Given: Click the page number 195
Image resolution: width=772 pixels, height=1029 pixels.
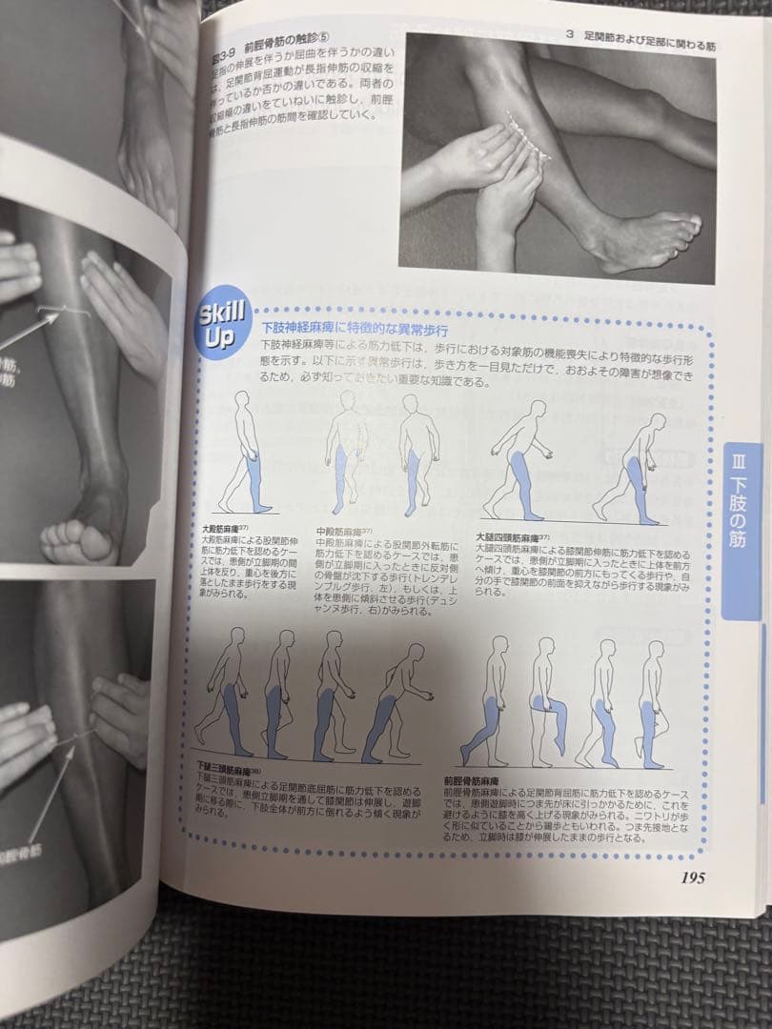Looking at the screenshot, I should click(686, 878).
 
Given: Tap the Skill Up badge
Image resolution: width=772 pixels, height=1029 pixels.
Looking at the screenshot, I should click(222, 324).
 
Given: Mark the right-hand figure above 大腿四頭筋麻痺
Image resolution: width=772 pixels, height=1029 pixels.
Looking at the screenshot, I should click(634, 467).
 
